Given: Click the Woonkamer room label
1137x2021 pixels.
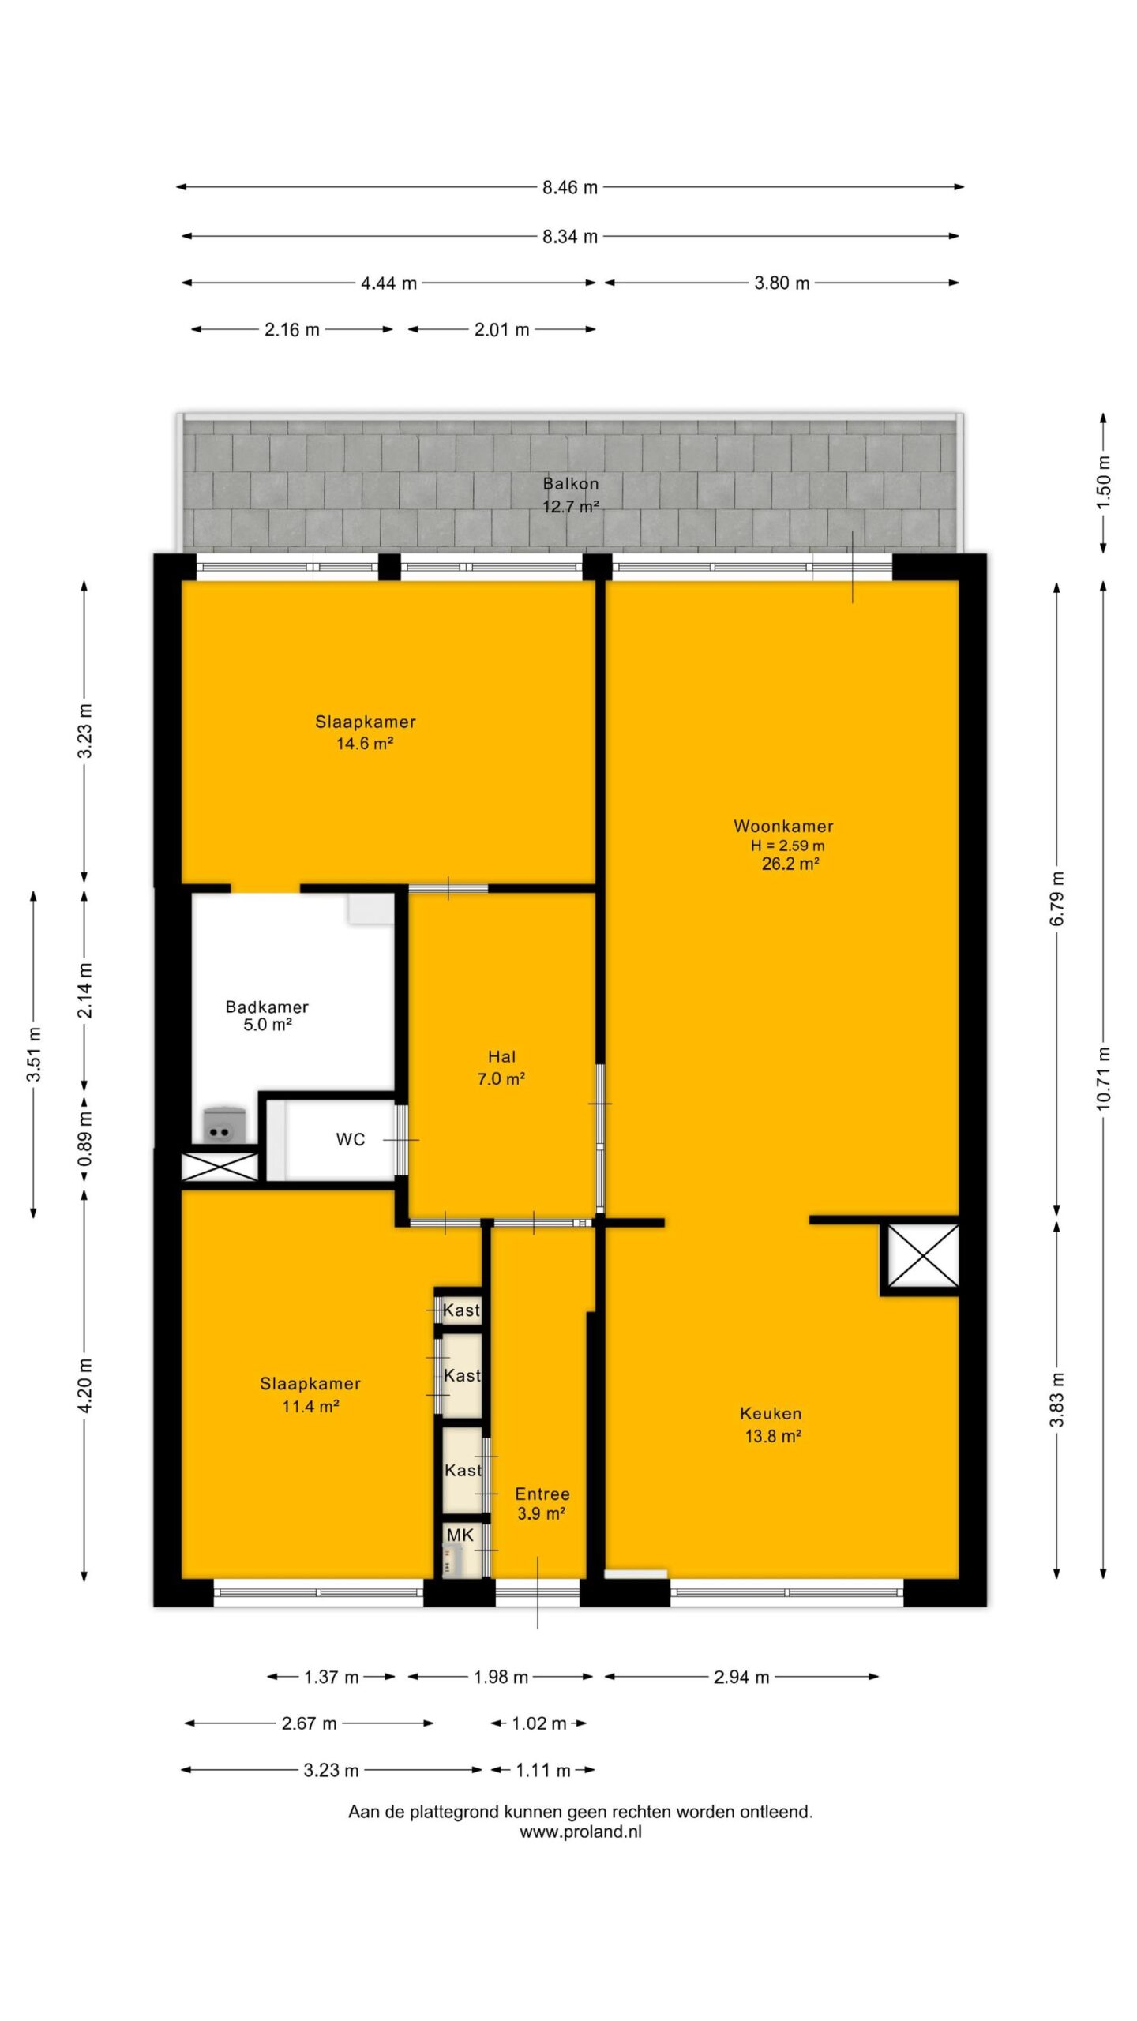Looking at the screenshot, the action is pyautogui.click(x=783, y=826).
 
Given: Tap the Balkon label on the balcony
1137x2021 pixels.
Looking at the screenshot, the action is pyautogui.click(x=570, y=483).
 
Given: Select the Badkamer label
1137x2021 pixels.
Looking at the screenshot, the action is pyautogui.click(x=267, y=1007).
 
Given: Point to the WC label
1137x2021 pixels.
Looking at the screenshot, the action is pyautogui.click(x=351, y=1139).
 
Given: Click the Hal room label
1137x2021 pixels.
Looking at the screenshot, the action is pyautogui.click(x=502, y=1056).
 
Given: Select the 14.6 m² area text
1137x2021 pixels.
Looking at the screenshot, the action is pyautogui.click(x=365, y=743).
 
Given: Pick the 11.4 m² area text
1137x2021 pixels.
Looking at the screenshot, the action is pyautogui.click(x=310, y=1406).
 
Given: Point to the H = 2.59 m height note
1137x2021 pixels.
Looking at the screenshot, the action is pyautogui.click(x=787, y=846).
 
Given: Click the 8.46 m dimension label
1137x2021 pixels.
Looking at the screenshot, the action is pyautogui.click(x=570, y=187).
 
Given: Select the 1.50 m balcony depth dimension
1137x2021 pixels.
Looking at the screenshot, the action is pyautogui.click(x=1103, y=482).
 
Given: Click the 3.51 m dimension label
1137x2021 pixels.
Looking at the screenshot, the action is pyautogui.click(x=33, y=1055).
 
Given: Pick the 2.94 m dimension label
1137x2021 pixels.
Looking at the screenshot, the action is pyautogui.click(x=741, y=1678).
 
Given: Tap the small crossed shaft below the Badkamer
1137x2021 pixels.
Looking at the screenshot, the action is pyautogui.click(x=220, y=1166).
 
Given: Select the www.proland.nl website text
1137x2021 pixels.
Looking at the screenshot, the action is pyautogui.click(x=580, y=1832).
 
